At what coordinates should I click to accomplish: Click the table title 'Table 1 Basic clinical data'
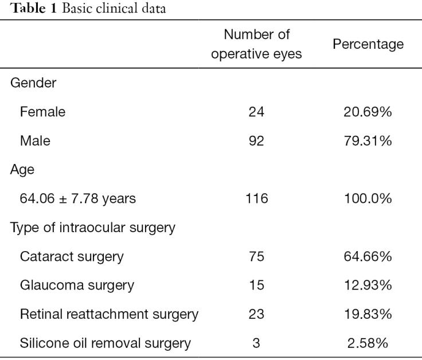click(x=88, y=9)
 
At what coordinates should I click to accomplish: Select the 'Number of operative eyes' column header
click(x=256, y=44)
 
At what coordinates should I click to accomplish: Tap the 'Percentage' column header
click(x=368, y=44)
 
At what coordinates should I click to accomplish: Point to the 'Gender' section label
click(x=33, y=83)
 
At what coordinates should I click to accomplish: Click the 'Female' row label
click(x=42, y=112)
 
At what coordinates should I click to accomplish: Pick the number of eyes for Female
click(x=256, y=112)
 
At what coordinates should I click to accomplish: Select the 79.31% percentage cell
click(x=368, y=140)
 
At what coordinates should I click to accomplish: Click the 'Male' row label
click(x=35, y=140)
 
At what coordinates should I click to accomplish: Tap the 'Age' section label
click(x=22, y=170)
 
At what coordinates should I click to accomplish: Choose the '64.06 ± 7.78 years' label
click(x=78, y=199)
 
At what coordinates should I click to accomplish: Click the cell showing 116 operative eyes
click(x=256, y=198)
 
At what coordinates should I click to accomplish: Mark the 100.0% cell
click(x=368, y=198)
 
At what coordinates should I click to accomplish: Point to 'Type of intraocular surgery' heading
click(x=92, y=228)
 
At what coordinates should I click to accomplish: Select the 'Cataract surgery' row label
click(x=72, y=257)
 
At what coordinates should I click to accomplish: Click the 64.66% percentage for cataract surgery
click(x=368, y=256)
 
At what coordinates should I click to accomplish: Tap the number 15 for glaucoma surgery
click(x=256, y=285)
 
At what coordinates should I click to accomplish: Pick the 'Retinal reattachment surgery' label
click(x=109, y=315)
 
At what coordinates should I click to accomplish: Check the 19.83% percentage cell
click(x=368, y=314)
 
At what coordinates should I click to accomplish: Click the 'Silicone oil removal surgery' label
click(x=106, y=343)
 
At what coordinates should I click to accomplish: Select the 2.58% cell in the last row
click(x=368, y=343)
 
